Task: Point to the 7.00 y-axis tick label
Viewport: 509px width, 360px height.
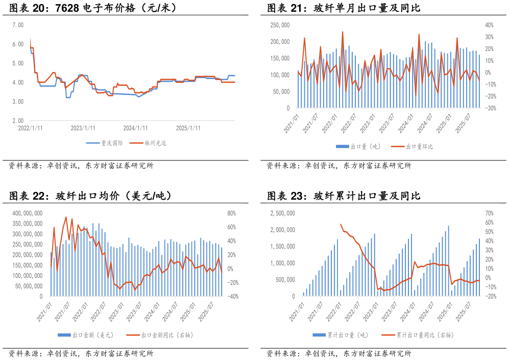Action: pos(18,25)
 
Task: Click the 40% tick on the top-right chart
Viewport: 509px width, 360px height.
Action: pos(489,25)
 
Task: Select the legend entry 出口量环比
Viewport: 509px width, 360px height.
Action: pos(419,147)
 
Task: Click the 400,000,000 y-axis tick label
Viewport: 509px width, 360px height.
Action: pos(28,213)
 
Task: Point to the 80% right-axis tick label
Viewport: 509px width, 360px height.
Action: pos(231,213)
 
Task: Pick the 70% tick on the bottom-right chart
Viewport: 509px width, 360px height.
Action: pos(489,213)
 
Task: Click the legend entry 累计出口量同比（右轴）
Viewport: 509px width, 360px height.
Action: pos(425,335)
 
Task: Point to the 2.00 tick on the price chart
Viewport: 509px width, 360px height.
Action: pos(18,121)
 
